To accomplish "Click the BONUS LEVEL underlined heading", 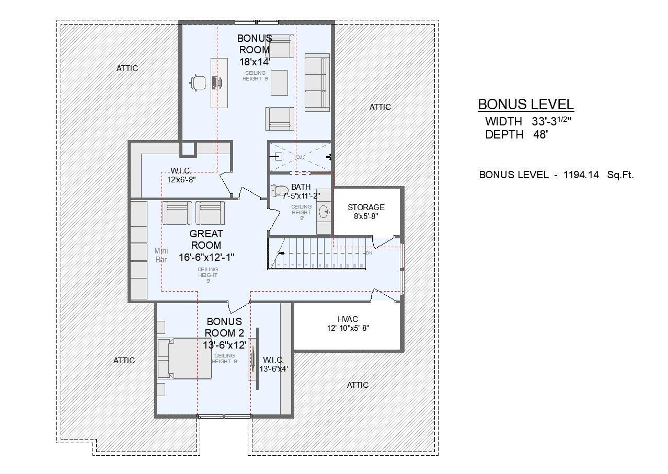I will [526, 105].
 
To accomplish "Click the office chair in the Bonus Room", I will [198, 83].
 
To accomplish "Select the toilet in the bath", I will [280, 191].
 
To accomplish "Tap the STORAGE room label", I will [366, 207].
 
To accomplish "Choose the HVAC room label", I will [348, 319].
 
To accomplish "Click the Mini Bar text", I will [161, 255].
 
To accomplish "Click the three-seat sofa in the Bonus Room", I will [317, 82].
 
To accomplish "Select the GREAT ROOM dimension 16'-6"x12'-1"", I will [206, 257].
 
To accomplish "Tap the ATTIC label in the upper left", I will [127, 68].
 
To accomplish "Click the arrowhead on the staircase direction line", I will [281, 253].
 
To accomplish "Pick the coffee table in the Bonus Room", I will [279, 83].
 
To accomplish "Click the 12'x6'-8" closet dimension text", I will [181, 180].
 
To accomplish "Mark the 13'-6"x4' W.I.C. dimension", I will [273, 368].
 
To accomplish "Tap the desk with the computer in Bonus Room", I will [219, 83].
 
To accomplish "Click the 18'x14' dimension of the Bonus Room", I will [255, 61].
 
